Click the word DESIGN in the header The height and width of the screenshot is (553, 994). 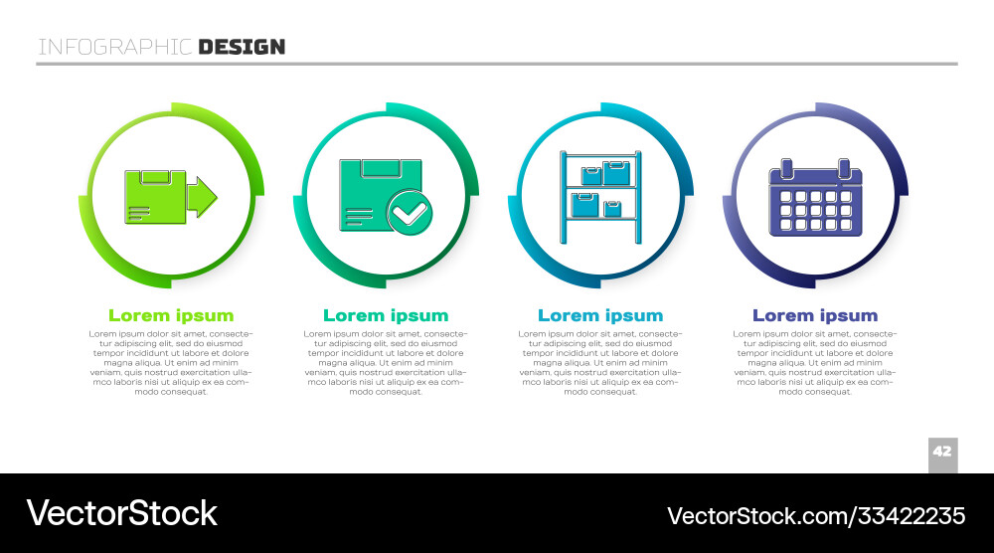pyautogui.click(x=242, y=47)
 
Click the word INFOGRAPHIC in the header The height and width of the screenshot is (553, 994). pyautogui.click(x=115, y=47)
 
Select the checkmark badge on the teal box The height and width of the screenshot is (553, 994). pyautogui.click(x=410, y=212)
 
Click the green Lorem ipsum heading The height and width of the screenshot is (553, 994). pyautogui.click(x=171, y=316)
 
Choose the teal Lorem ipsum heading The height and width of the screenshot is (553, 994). pyautogui.click(x=386, y=316)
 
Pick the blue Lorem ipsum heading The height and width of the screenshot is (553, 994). pyautogui.click(x=600, y=316)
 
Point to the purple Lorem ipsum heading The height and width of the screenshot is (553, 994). pyautogui.click(x=815, y=316)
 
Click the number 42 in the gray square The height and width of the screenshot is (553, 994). pyautogui.click(x=942, y=452)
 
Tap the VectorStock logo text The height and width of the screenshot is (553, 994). pyautogui.click(x=121, y=513)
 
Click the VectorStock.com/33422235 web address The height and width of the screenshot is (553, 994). pyautogui.click(x=816, y=515)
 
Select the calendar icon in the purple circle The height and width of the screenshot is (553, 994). pyautogui.click(x=815, y=201)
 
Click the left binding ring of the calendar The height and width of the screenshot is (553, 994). pyautogui.click(x=786, y=165)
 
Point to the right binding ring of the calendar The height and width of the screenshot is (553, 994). pyautogui.click(x=844, y=165)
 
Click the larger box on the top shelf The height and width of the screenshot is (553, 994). pyautogui.click(x=616, y=174)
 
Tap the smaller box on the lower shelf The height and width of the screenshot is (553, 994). pyautogui.click(x=613, y=208)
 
